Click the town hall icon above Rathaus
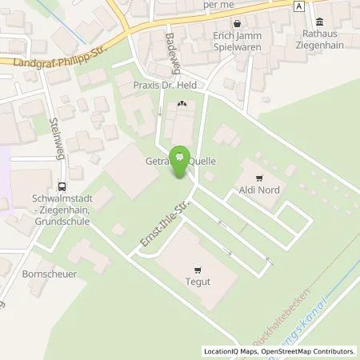click(x=320, y=21)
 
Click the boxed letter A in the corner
click(x=300, y=6)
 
